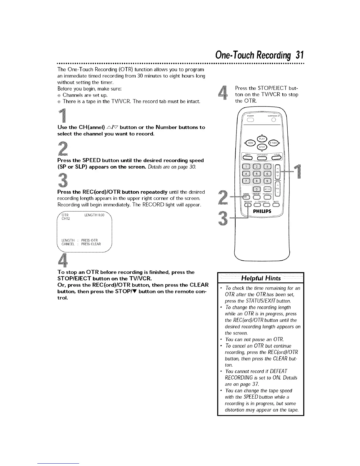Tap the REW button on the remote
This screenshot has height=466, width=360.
point(250,143)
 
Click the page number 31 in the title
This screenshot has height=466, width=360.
point(299,55)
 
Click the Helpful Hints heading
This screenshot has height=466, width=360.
point(261,278)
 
